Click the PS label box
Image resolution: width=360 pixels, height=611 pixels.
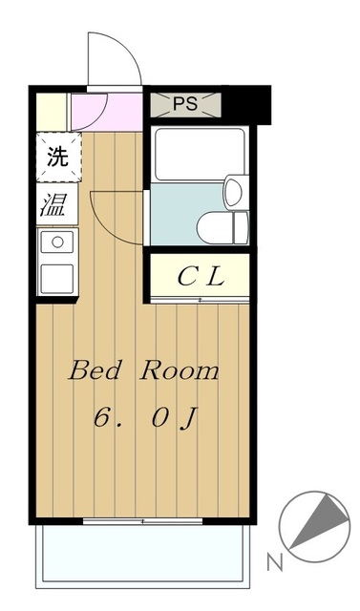pyautogui.click(x=185, y=103)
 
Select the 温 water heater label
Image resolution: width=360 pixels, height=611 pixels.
pyautogui.click(x=53, y=203)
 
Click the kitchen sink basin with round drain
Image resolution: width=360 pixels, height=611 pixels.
pyautogui.click(x=56, y=242)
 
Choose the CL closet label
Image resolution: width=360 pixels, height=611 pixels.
pyautogui.click(x=201, y=278)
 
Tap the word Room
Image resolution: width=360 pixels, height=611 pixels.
pyautogui.click(x=180, y=371)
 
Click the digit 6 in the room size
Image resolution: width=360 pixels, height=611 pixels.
pyautogui.click(x=101, y=417)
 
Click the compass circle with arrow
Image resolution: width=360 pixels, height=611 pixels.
pyautogui.click(x=313, y=523)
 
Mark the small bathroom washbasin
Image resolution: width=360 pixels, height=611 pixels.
pyautogui.click(x=231, y=190)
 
